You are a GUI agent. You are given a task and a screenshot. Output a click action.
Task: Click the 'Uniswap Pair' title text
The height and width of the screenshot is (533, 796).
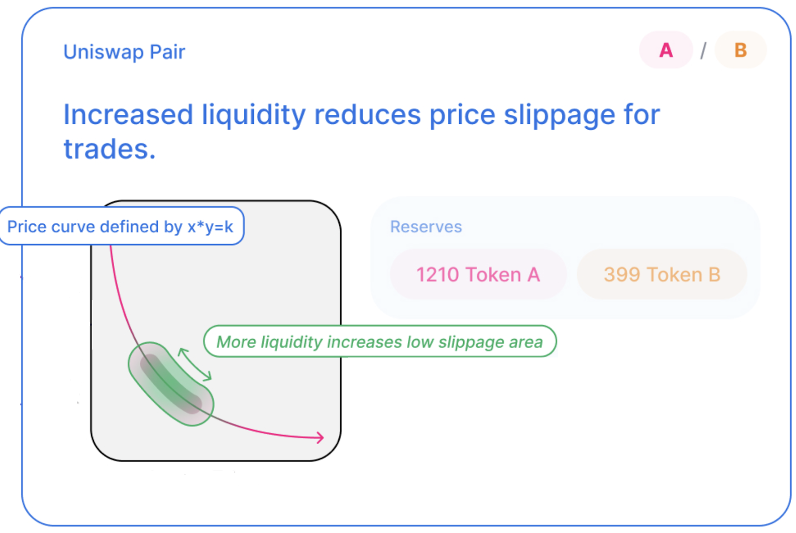pyautogui.click(x=124, y=52)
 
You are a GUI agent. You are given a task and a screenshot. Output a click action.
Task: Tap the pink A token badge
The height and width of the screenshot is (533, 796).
pyautogui.click(x=666, y=50)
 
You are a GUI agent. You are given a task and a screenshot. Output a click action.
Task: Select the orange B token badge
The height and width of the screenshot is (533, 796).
pyautogui.click(x=741, y=50)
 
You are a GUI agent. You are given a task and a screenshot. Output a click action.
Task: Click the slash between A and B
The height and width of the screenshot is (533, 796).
pyautogui.click(x=703, y=50)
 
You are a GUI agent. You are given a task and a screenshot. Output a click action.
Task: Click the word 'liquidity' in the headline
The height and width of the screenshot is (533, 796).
pyautogui.click(x=254, y=115)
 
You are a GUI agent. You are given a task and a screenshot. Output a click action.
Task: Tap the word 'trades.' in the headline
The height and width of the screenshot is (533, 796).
pyautogui.click(x=109, y=149)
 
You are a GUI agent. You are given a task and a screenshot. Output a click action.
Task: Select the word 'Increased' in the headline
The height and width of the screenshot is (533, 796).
pyautogui.click(x=128, y=115)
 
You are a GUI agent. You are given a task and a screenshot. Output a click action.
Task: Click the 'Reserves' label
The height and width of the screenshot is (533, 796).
pyautogui.click(x=426, y=227)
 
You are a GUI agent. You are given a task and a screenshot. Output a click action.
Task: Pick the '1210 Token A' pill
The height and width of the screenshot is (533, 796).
pyautogui.click(x=478, y=274)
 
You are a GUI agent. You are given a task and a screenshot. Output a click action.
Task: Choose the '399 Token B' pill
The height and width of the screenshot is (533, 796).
pyautogui.click(x=662, y=274)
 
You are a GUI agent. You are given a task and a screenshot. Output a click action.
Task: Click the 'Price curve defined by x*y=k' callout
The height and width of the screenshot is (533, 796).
pyautogui.click(x=121, y=226)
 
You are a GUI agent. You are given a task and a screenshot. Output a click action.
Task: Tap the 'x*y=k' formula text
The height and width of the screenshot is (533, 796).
pyautogui.click(x=210, y=227)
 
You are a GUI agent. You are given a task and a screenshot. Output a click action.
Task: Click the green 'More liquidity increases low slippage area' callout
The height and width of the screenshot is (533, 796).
pyautogui.click(x=380, y=342)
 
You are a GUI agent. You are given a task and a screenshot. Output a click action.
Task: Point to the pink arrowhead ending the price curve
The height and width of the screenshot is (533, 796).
pyautogui.click(x=320, y=438)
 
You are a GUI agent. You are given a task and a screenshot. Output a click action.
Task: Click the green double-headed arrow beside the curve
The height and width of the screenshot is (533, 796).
pyautogui.click(x=195, y=364)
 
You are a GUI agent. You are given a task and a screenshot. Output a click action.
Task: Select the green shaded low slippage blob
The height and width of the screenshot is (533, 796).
pyautogui.click(x=171, y=384)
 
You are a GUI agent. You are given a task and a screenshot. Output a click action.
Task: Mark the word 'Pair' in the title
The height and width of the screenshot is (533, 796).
pyautogui.click(x=167, y=52)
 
